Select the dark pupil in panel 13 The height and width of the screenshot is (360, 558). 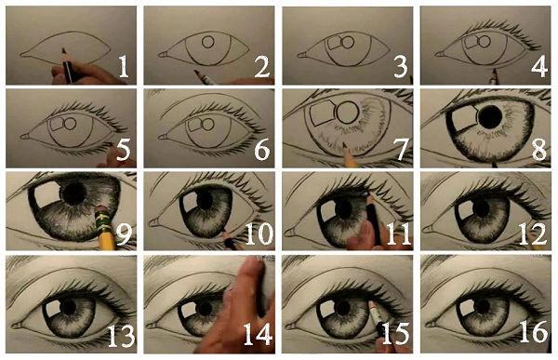click(x=72, y=306)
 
